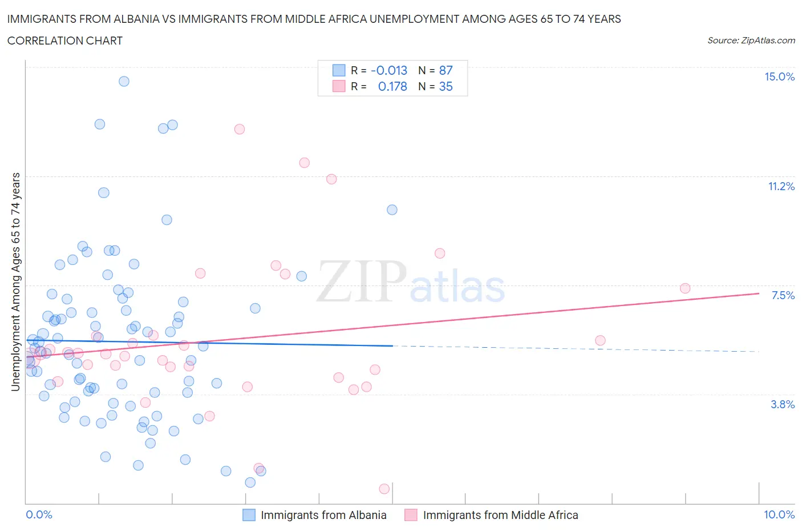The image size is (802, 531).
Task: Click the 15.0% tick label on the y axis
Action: tap(779, 77)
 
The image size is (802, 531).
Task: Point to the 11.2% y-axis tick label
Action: tap(781, 186)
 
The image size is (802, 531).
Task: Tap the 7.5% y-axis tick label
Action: tap(783, 295)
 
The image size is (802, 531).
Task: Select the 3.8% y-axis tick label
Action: tap(783, 404)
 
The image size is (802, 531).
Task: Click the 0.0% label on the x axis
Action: tap(39, 514)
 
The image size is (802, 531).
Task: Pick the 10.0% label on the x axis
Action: tap(779, 514)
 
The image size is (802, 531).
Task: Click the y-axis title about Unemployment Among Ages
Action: tap(16, 281)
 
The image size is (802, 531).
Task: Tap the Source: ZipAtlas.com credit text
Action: tap(751, 41)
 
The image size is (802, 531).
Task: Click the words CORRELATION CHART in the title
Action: tap(65, 41)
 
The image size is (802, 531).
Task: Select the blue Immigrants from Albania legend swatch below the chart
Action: tap(249, 515)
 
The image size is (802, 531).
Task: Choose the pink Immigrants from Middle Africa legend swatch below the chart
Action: tap(411, 515)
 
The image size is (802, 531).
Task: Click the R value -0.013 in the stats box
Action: tap(389, 70)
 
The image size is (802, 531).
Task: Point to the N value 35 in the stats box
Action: tap(445, 86)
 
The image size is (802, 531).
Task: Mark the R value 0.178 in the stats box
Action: tap(392, 86)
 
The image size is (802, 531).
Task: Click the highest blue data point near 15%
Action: tap(124, 81)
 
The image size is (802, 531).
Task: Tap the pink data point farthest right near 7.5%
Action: tap(685, 288)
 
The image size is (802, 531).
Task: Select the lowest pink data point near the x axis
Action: tap(384, 489)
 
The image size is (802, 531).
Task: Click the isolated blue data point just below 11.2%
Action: tap(392, 210)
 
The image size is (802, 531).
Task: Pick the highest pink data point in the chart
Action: tap(240, 129)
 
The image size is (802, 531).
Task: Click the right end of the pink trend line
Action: tap(759, 293)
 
